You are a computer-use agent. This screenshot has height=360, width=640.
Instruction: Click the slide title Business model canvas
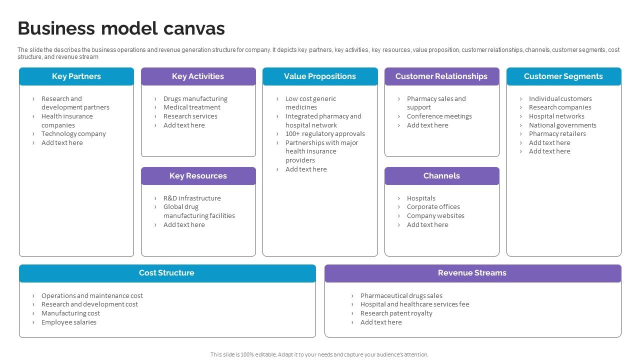[x=121, y=28]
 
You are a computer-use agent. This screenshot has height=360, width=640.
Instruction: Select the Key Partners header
[x=76, y=76]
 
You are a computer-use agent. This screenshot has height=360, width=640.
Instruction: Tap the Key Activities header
[x=198, y=76]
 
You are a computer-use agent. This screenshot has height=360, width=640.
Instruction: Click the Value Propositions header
[x=320, y=76]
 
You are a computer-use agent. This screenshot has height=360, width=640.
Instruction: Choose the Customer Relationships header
[x=441, y=76]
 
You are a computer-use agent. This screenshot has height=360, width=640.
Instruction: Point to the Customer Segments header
[x=563, y=76]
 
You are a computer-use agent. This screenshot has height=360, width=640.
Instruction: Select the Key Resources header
[x=198, y=176]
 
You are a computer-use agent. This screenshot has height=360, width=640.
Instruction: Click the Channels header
[x=441, y=176]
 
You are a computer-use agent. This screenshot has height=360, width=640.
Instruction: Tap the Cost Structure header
[x=166, y=273]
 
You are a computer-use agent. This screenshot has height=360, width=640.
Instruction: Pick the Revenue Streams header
[x=472, y=273]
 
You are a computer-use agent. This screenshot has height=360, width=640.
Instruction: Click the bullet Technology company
[x=73, y=134]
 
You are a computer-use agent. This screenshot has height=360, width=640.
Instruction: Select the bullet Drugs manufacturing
[x=195, y=99]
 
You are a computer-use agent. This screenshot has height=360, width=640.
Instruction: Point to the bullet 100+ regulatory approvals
[x=325, y=134]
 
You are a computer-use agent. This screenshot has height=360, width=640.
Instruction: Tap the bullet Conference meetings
[x=439, y=116]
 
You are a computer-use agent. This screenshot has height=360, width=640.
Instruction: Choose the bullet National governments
[x=562, y=125]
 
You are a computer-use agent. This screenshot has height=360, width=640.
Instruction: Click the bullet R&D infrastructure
[x=192, y=198]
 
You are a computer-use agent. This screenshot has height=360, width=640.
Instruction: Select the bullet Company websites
[x=435, y=216]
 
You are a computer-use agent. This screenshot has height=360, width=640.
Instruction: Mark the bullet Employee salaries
[x=69, y=322]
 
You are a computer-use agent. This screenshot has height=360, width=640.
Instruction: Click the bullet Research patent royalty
[x=396, y=313]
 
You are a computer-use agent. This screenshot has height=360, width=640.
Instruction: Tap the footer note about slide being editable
[x=319, y=354]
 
